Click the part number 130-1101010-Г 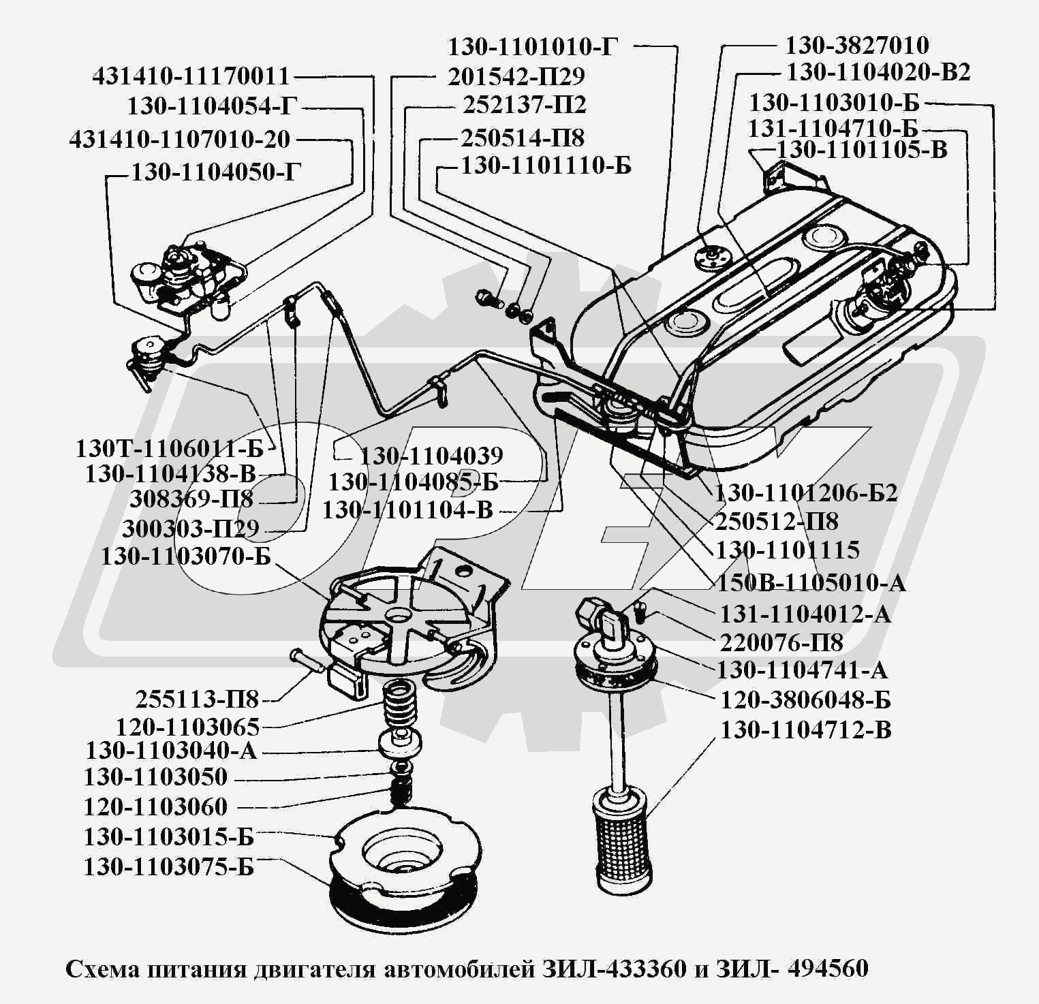(x=533, y=47)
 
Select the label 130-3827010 (x=856, y=46)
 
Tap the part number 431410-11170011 (x=191, y=76)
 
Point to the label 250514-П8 (x=523, y=138)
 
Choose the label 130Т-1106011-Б (x=169, y=449)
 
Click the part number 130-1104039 (x=431, y=456)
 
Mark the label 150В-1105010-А (x=811, y=582)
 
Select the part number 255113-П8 (x=197, y=700)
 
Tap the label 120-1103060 (x=155, y=807)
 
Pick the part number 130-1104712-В (x=806, y=730)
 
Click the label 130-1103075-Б (x=168, y=867)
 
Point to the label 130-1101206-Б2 (x=805, y=492)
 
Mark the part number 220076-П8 (x=781, y=642)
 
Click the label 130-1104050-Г (x=215, y=172)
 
